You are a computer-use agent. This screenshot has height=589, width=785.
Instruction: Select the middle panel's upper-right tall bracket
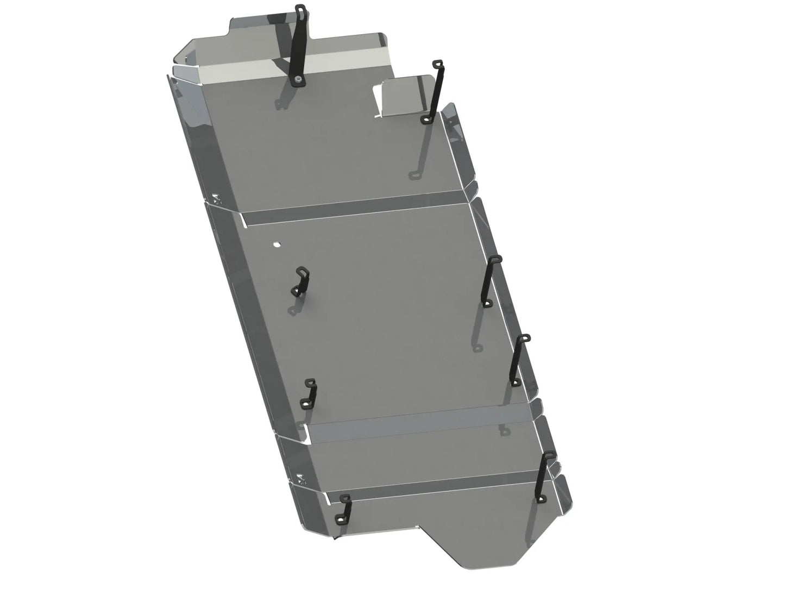click(x=492, y=280)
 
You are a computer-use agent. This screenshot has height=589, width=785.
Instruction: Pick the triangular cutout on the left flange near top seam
click(x=217, y=199)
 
